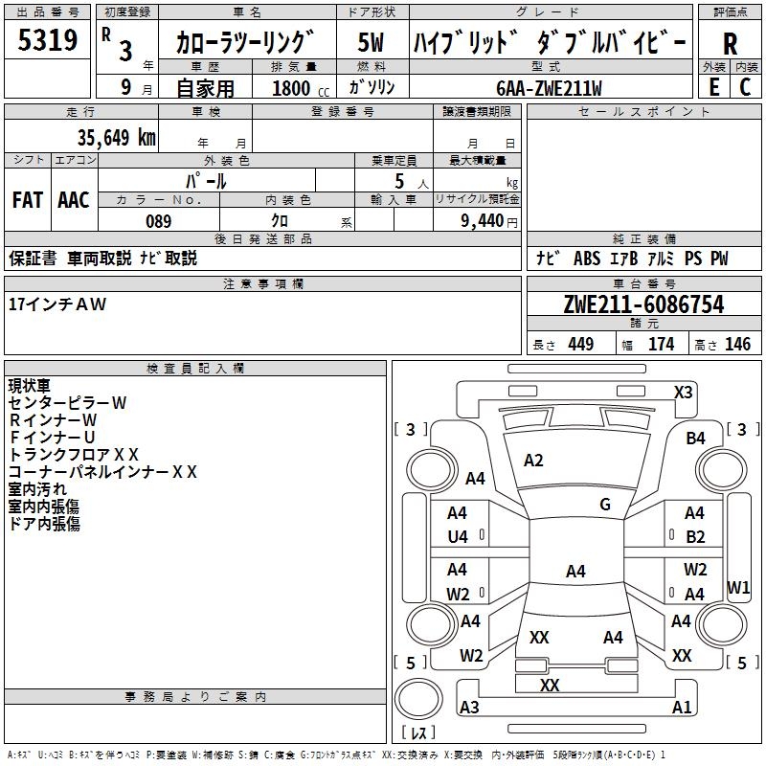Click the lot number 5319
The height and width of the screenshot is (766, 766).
click(47, 40)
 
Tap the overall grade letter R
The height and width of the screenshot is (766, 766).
click(730, 43)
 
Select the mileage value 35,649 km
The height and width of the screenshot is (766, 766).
click(116, 137)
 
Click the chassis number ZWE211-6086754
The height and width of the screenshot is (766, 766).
click(643, 304)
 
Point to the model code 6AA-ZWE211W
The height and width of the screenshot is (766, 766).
click(549, 88)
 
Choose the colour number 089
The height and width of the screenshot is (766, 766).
click(158, 221)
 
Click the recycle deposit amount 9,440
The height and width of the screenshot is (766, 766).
click(483, 221)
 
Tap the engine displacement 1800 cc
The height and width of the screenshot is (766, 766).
click(301, 88)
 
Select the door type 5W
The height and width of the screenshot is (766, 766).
click(371, 42)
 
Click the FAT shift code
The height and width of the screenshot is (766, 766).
click(28, 200)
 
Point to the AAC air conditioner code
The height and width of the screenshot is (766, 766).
click(74, 200)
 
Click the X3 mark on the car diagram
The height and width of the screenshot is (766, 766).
click(683, 393)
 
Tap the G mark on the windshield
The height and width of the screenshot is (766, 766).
click(605, 505)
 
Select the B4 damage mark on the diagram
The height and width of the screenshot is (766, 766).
click(695, 439)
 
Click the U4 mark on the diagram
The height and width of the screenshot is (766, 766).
click(458, 537)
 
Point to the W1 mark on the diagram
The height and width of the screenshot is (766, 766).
click(737, 587)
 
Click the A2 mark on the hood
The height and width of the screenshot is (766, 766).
click(533, 461)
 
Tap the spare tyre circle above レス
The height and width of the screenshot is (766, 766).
click(418, 698)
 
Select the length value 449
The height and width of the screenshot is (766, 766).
click(580, 344)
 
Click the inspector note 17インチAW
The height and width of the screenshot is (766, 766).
click(57, 304)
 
